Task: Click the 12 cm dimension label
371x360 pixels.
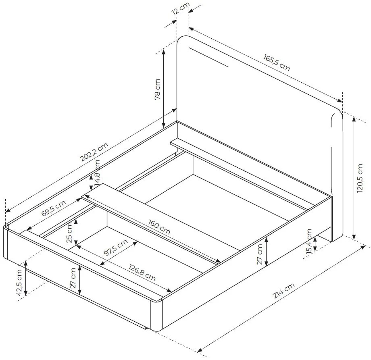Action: (x=181, y=8)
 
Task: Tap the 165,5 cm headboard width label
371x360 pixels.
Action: (x=277, y=62)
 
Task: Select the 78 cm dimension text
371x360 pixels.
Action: (x=158, y=89)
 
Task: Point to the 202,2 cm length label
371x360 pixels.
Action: (x=94, y=152)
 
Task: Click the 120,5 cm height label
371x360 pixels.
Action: (x=360, y=178)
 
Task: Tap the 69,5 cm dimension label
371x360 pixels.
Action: (x=54, y=208)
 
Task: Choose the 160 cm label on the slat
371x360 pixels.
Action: (x=159, y=227)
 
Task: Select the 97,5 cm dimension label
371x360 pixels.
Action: (x=116, y=248)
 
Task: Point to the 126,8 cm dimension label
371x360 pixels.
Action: (x=142, y=273)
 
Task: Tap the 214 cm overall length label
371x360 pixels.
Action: (x=283, y=291)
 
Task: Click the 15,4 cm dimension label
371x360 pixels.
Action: (x=309, y=241)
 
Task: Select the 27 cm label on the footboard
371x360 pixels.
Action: (x=73, y=278)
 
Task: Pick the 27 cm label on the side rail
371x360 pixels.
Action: (x=260, y=254)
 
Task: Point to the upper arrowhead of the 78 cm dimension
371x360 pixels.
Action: (x=163, y=53)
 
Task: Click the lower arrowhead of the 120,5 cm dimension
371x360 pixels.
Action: (x=354, y=236)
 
